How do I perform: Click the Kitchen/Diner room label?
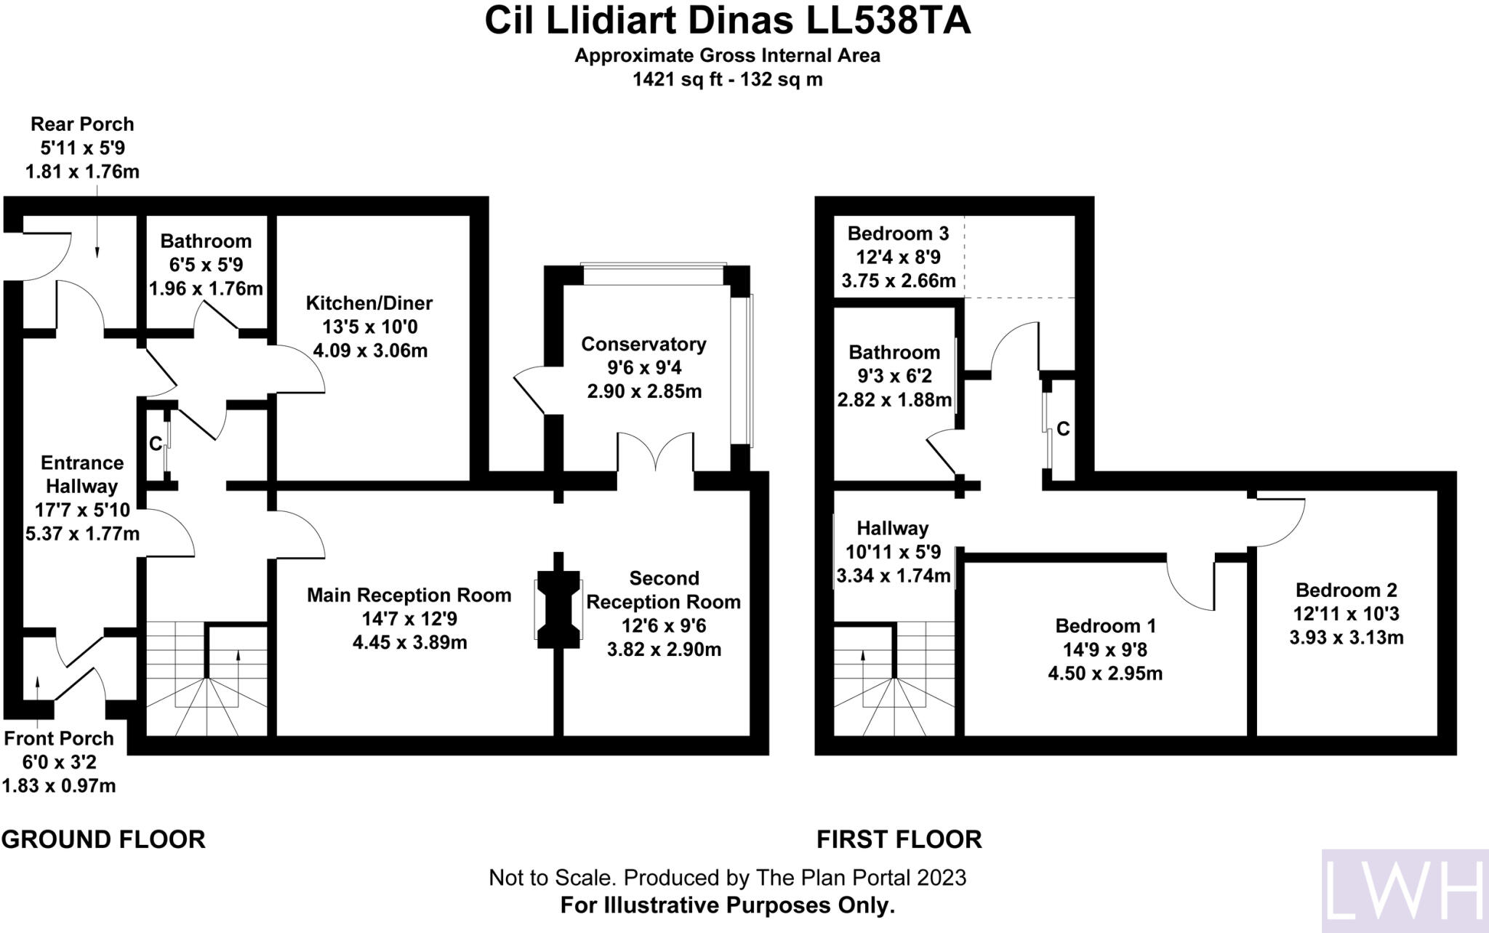coord(369,303)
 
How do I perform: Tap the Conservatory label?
coord(643,344)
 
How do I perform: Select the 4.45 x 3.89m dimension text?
coord(409,643)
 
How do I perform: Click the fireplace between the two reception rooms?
coord(558,608)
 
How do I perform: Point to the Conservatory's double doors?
coord(655,453)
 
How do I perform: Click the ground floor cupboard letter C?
coord(155,444)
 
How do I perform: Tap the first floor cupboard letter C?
coord(1062,429)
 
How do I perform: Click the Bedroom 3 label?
coord(898,233)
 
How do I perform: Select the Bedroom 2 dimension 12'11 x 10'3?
coord(1346,614)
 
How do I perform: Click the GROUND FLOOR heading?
coord(103,839)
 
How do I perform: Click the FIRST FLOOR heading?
coord(899,839)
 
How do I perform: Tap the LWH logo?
coord(1404,891)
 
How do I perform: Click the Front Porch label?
coord(59,739)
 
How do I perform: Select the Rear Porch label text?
coord(82,124)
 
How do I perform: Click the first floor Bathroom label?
coord(894,353)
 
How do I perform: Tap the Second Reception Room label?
coord(663,590)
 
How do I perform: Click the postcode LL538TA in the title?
coord(888,22)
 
